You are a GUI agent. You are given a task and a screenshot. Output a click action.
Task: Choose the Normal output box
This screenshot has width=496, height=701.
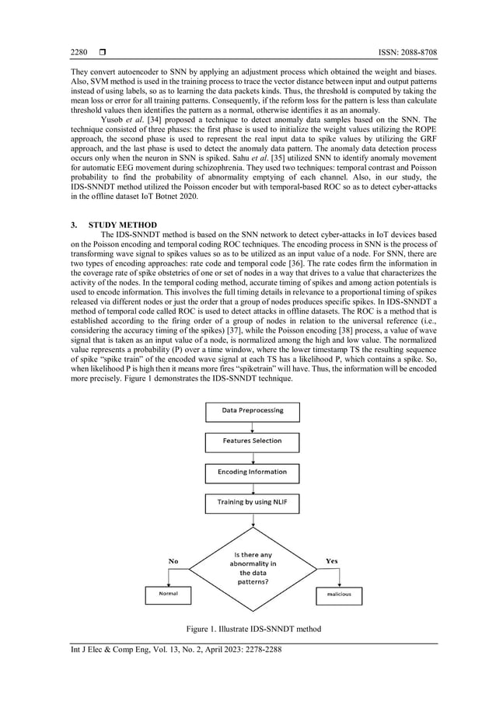(168, 594)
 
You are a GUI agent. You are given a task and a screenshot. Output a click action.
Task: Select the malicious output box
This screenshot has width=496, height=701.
(339, 594)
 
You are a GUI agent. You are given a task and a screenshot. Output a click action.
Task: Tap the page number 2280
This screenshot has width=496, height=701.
(79, 52)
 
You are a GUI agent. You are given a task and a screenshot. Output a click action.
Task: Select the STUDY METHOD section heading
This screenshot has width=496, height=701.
(124, 225)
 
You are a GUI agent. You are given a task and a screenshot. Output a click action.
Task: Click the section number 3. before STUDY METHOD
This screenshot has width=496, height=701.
(74, 225)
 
